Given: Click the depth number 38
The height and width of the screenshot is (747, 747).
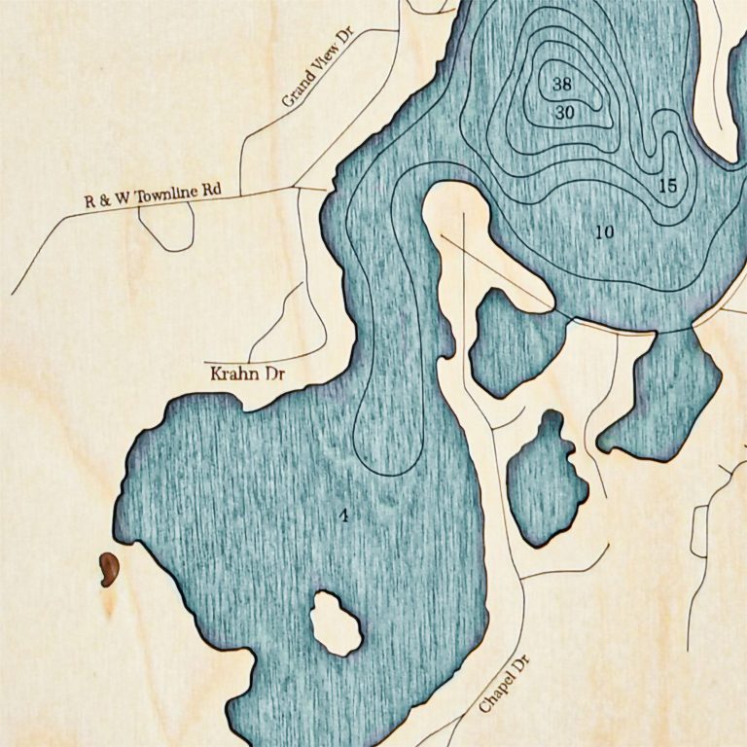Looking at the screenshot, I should [x=562, y=84].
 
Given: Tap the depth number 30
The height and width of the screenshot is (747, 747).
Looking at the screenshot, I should [x=565, y=113].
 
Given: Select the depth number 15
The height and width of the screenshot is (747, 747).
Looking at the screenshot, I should [x=667, y=185].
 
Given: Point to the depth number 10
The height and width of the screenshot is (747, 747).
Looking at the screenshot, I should [x=604, y=231].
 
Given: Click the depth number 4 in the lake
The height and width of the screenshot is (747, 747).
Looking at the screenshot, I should [x=343, y=515].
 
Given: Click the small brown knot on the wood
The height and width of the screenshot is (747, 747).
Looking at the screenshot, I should [x=107, y=570].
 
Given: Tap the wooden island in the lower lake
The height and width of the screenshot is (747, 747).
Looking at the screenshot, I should [x=336, y=623].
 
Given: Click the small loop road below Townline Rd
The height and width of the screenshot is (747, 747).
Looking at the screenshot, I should [x=167, y=226].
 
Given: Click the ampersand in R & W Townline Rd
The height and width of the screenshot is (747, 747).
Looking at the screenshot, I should [x=102, y=201].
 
